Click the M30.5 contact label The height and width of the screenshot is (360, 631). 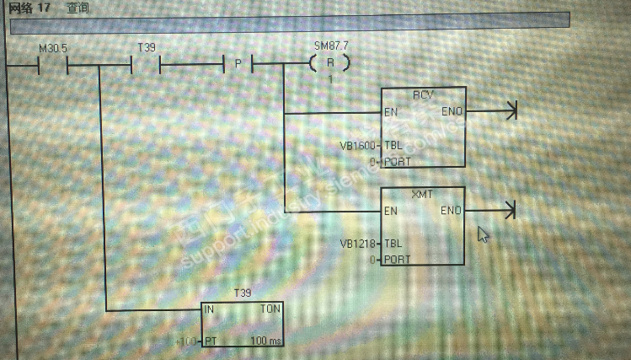[53, 49]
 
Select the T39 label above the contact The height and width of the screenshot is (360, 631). [146, 48]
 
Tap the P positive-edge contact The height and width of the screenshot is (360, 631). [238, 64]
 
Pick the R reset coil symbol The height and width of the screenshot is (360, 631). [329, 63]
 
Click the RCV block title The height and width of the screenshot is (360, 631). [423, 94]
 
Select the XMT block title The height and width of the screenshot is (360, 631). [422, 194]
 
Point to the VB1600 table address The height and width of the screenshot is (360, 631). [357, 145]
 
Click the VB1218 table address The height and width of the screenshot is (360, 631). [357, 244]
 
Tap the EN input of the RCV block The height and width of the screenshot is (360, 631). [391, 112]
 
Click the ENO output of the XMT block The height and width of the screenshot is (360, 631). [451, 211]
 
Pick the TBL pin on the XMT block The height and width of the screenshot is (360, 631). [396, 244]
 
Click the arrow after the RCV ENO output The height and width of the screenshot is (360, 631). [509, 110]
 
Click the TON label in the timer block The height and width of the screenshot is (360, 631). [270, 309]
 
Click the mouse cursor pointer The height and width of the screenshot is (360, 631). [483, 234]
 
